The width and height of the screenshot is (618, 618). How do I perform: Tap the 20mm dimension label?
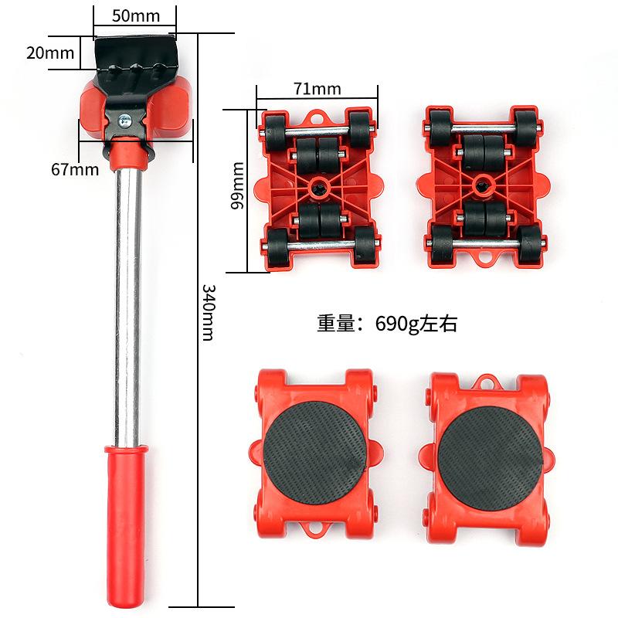click(x=50, y=53)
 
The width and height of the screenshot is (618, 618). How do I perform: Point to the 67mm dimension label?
click(x=75, y=169)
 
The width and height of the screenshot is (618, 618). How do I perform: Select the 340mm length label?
click(x=208, y=311)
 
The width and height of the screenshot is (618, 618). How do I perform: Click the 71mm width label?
click(x=317, y=88)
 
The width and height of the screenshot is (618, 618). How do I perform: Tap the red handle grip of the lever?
click(x=125, y=525)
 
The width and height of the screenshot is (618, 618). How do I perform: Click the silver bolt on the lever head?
click(x=124, y=120)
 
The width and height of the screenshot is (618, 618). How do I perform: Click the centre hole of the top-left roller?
click(x=318, y=186)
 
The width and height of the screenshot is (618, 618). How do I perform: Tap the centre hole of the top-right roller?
click(x=483, y=183)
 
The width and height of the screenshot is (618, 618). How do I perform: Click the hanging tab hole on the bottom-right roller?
click(x=486, y=381)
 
